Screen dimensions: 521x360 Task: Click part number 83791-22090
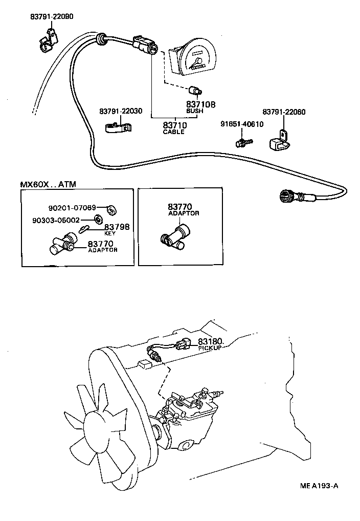point(51,16)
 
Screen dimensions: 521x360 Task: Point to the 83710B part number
point(200,104)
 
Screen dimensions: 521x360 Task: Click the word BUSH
point(194,111)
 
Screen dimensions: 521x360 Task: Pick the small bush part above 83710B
point(194,91)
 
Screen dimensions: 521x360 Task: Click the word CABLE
point(173,132)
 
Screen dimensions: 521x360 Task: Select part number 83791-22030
point(121,112)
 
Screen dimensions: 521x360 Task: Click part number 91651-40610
point(242,124)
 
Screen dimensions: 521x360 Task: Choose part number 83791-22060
point(284,112)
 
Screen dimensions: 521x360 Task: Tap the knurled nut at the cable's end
point(286,196)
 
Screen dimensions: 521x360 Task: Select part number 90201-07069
point(72,208)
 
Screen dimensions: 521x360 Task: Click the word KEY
point(110,233)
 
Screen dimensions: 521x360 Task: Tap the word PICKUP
point(210,348)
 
